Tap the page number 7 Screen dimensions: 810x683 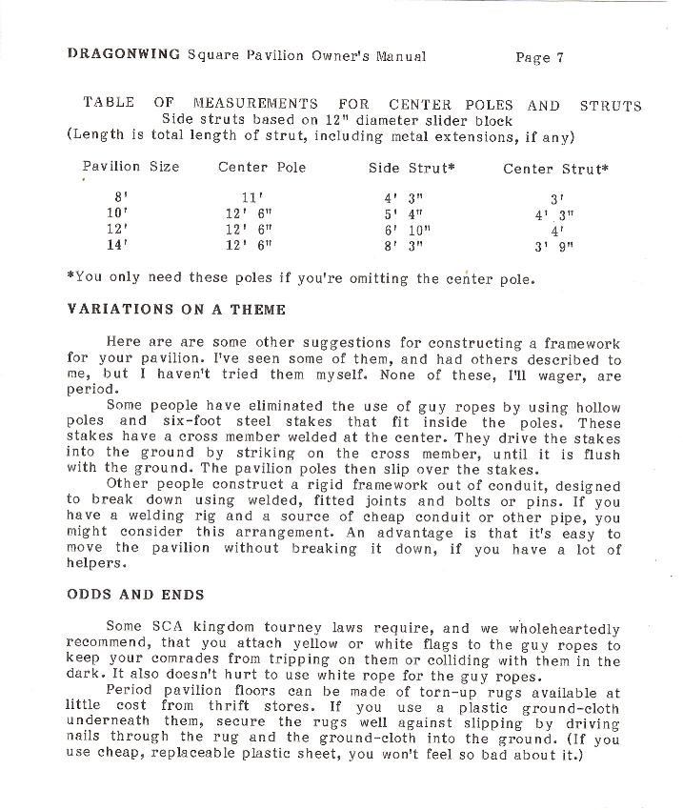coord(560,57)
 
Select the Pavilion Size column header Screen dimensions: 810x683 coord(131,167)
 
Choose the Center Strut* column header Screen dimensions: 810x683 coord(556,169)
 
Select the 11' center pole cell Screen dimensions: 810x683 coord(252,198)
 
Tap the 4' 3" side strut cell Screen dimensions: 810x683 coord(403,198)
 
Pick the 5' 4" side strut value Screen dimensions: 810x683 coord(403,214)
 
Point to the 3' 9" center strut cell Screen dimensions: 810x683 coord(554,247)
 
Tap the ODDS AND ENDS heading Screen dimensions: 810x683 coord(134,595)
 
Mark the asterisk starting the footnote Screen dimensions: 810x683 coord(70,279)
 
